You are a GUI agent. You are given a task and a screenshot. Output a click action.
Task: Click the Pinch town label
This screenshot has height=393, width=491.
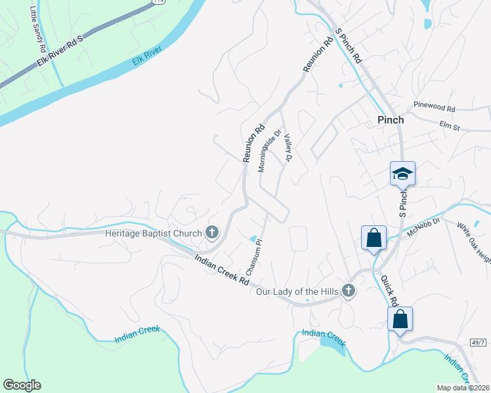point(390,120)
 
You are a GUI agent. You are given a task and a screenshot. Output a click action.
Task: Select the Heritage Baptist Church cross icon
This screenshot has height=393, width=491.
point(211,232)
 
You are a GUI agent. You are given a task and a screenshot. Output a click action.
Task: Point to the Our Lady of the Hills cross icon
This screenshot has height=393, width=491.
point(349,290)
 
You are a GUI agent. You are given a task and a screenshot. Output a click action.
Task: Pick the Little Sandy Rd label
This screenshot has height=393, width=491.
point(38,29)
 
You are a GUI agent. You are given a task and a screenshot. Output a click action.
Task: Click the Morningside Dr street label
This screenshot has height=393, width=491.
point(270,150)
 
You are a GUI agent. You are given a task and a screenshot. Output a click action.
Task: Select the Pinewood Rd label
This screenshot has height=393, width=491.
point(434,106)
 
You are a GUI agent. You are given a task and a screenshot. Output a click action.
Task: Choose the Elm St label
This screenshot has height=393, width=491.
point(449,124)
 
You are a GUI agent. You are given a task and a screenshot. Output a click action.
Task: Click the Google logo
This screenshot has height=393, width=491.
point(22,385)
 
